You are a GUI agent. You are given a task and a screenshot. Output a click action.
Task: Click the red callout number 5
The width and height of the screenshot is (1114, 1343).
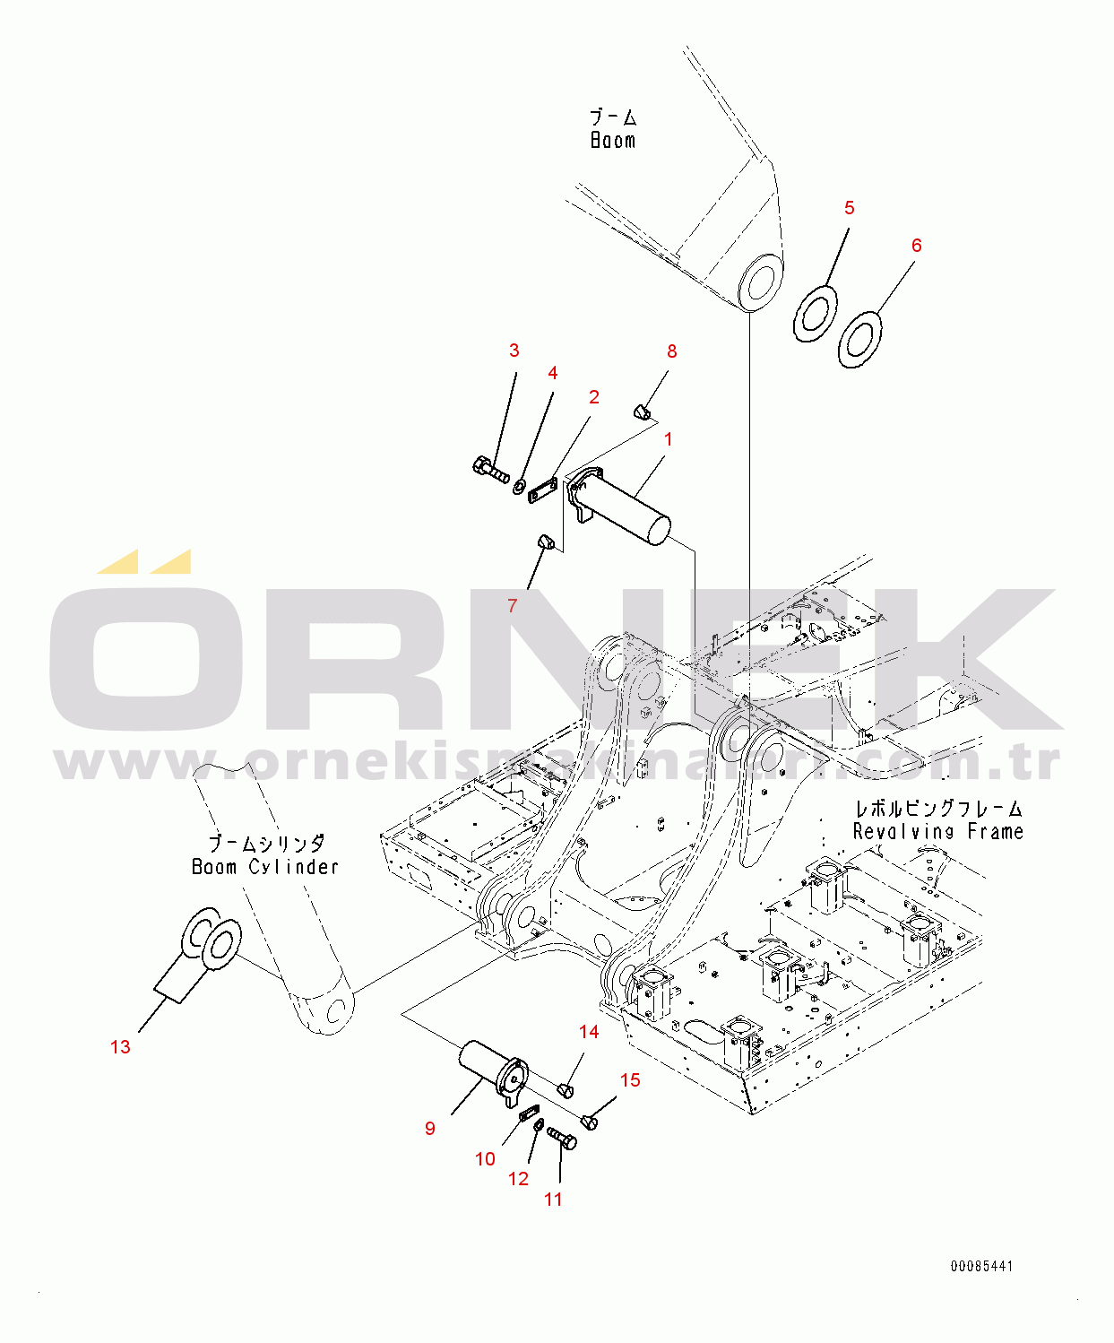849,208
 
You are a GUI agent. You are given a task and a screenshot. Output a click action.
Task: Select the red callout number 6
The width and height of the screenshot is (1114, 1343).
917,245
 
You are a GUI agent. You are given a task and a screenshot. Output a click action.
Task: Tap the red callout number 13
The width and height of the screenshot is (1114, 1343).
120,1047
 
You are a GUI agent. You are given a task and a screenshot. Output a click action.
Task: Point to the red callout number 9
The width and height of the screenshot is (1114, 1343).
429,1128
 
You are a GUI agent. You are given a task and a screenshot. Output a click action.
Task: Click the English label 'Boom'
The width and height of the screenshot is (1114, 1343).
613,140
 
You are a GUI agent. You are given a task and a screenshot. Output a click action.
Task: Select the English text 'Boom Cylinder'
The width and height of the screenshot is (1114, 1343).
265,867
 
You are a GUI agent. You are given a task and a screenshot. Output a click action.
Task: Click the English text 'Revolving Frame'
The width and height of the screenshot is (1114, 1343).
937,832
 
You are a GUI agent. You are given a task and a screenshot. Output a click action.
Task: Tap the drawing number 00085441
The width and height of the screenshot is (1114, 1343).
981,1266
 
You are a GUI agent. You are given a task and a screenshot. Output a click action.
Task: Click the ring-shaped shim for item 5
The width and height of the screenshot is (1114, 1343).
816,314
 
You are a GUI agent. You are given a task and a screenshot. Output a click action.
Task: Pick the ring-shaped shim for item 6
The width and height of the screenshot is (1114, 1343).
860,340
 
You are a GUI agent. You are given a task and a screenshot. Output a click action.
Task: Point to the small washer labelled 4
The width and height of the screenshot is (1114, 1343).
518,486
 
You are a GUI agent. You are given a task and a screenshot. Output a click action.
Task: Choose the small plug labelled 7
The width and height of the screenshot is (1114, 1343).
546,542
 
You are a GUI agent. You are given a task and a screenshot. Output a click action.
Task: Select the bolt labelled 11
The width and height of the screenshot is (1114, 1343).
562,1139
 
